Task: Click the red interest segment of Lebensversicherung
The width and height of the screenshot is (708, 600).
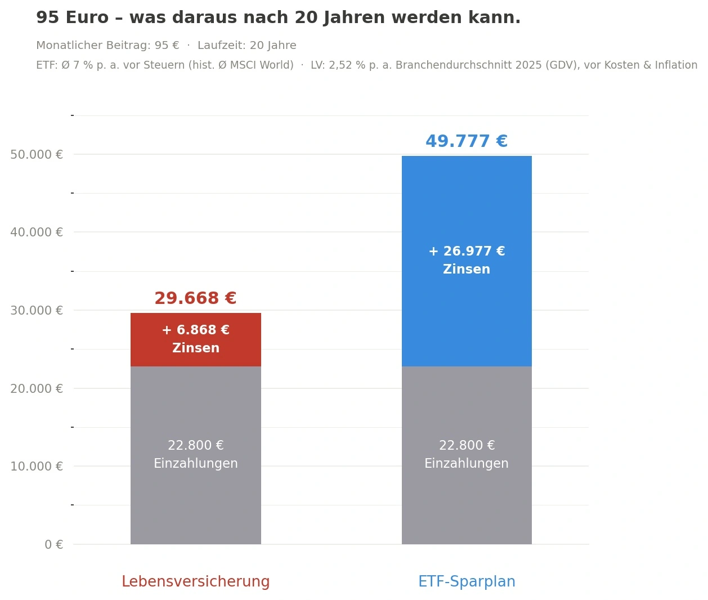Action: click(196, 339)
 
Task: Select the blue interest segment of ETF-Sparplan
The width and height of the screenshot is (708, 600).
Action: click(467, 261)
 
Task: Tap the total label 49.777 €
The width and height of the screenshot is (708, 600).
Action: click(467, 141)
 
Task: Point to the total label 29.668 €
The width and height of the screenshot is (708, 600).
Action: click(196, 298)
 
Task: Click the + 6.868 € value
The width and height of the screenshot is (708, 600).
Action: click(196, 330)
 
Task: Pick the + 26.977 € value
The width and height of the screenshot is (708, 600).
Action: click(467, 251)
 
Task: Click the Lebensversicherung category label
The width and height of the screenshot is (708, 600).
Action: click(196, 581)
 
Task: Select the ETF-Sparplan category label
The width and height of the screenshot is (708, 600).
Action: click(467, 581)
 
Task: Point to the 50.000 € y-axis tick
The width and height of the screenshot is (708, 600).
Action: click(37, 155)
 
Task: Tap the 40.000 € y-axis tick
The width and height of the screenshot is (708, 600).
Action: click(37, 232)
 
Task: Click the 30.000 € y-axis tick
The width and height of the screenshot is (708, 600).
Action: click(37, 311)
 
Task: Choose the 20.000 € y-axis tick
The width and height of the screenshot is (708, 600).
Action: click(37, 388)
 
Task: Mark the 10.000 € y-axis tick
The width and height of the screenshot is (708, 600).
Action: click(37, 467)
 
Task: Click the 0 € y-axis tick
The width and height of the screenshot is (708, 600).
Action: click(54, 544)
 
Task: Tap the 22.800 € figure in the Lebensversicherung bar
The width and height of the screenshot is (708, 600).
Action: click(196, 445)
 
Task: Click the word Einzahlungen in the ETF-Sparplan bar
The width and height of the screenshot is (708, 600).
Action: click(467, 463)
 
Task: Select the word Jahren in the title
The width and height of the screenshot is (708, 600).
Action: click(354, 17)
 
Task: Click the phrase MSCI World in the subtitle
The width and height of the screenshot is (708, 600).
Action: click(261, 65)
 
